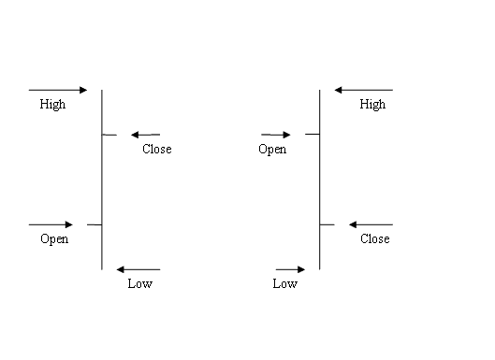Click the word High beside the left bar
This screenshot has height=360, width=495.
(x=52, y=105)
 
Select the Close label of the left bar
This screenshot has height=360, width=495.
(x=156, y=150)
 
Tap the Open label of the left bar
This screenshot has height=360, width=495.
(x=54, y=239)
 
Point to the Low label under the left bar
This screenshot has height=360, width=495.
(x=139, y=284)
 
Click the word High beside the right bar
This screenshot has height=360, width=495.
(x=372, y=105)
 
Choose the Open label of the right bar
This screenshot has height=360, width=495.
(x=272, y=150)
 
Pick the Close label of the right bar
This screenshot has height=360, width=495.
(x=374, y=239)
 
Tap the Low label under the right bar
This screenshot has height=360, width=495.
(x=285, y=284)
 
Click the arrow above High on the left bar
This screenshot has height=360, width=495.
(x=58, y=90)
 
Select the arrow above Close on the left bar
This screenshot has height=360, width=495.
(x=146, y=135)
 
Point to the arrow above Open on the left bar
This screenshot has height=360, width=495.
(x=51, y=224)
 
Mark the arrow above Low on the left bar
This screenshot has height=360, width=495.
(x=138, y=269)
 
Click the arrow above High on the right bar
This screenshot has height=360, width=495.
(x=364, y=90)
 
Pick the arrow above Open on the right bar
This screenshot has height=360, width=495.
(x=276, y=135)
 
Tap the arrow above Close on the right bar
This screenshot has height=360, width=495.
(x=371, y=224)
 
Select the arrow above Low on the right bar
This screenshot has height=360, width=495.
(x=291, y=269)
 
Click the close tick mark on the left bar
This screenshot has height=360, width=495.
(x=109, y=135)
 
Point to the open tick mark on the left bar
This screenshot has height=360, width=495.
(x=94, y=224)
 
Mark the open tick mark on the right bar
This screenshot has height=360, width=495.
(x=313, y=135)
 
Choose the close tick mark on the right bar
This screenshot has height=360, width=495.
(x=328, y=224)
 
